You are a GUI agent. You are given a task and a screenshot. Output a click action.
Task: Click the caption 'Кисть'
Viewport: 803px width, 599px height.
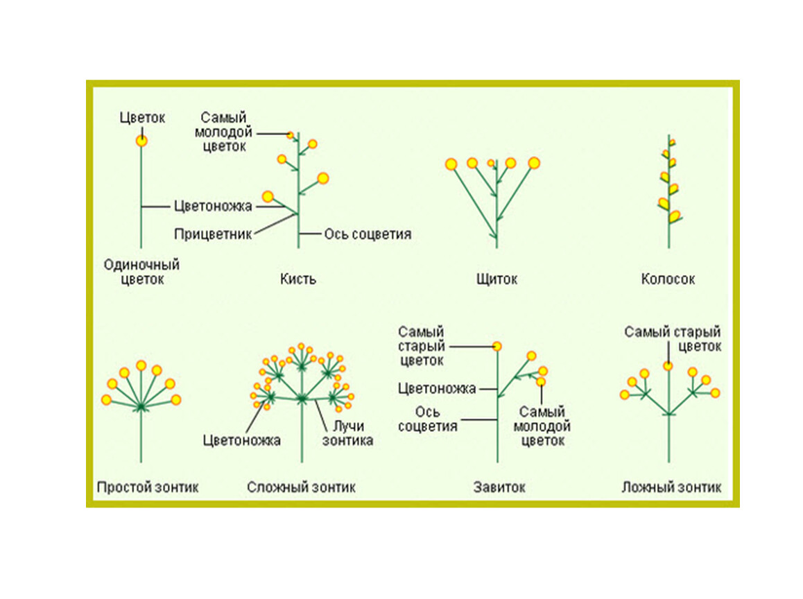coord(298,279)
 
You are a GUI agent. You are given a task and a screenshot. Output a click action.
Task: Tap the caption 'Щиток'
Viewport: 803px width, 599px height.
coord(497,279)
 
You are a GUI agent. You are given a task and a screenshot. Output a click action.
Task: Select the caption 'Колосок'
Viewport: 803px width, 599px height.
coord(668,279)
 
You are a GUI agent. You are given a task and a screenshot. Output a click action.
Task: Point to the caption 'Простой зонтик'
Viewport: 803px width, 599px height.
coord(148,487)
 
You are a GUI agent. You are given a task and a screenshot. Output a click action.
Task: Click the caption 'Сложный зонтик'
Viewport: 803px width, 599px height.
coord(301,487)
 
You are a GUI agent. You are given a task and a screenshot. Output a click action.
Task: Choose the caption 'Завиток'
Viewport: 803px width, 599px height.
coord(499,487)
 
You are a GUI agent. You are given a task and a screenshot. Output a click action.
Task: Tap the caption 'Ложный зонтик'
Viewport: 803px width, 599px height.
coord(671,487)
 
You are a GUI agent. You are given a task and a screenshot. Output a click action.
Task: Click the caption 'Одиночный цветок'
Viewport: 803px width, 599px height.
coord(141,272)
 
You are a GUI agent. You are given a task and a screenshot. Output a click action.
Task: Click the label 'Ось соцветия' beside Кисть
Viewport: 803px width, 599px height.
coord(368,234)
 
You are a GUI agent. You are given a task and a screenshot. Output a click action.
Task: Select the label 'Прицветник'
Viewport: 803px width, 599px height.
coord(213,234)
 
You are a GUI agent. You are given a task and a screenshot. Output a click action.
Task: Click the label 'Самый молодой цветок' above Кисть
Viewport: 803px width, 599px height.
coord(224,132)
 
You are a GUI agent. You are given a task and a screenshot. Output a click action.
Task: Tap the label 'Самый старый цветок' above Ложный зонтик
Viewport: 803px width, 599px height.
coord(672,339)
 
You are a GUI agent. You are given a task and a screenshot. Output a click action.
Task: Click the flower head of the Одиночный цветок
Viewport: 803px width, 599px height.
coord(141,141)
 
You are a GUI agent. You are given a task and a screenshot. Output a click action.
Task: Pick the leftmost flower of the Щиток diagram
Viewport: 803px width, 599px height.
coord(451,164)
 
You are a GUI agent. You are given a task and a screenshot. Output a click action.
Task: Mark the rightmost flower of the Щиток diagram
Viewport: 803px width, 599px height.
coord(533,163)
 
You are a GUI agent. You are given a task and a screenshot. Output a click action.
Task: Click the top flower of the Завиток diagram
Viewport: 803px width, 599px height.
coord(497,345)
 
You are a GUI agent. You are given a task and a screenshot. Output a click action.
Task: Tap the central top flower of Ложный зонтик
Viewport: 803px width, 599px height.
coord(668,365)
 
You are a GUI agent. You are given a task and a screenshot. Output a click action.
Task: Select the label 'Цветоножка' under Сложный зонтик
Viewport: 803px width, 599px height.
coord(241,440)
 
